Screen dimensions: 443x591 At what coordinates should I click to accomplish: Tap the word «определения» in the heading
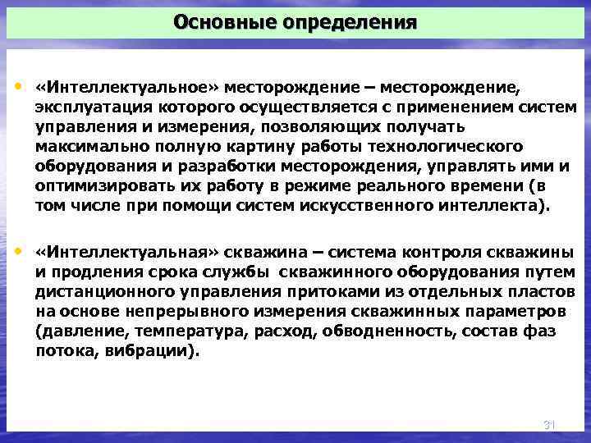pos(350,21)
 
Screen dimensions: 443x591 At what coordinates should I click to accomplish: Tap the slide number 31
pos(550,425)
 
